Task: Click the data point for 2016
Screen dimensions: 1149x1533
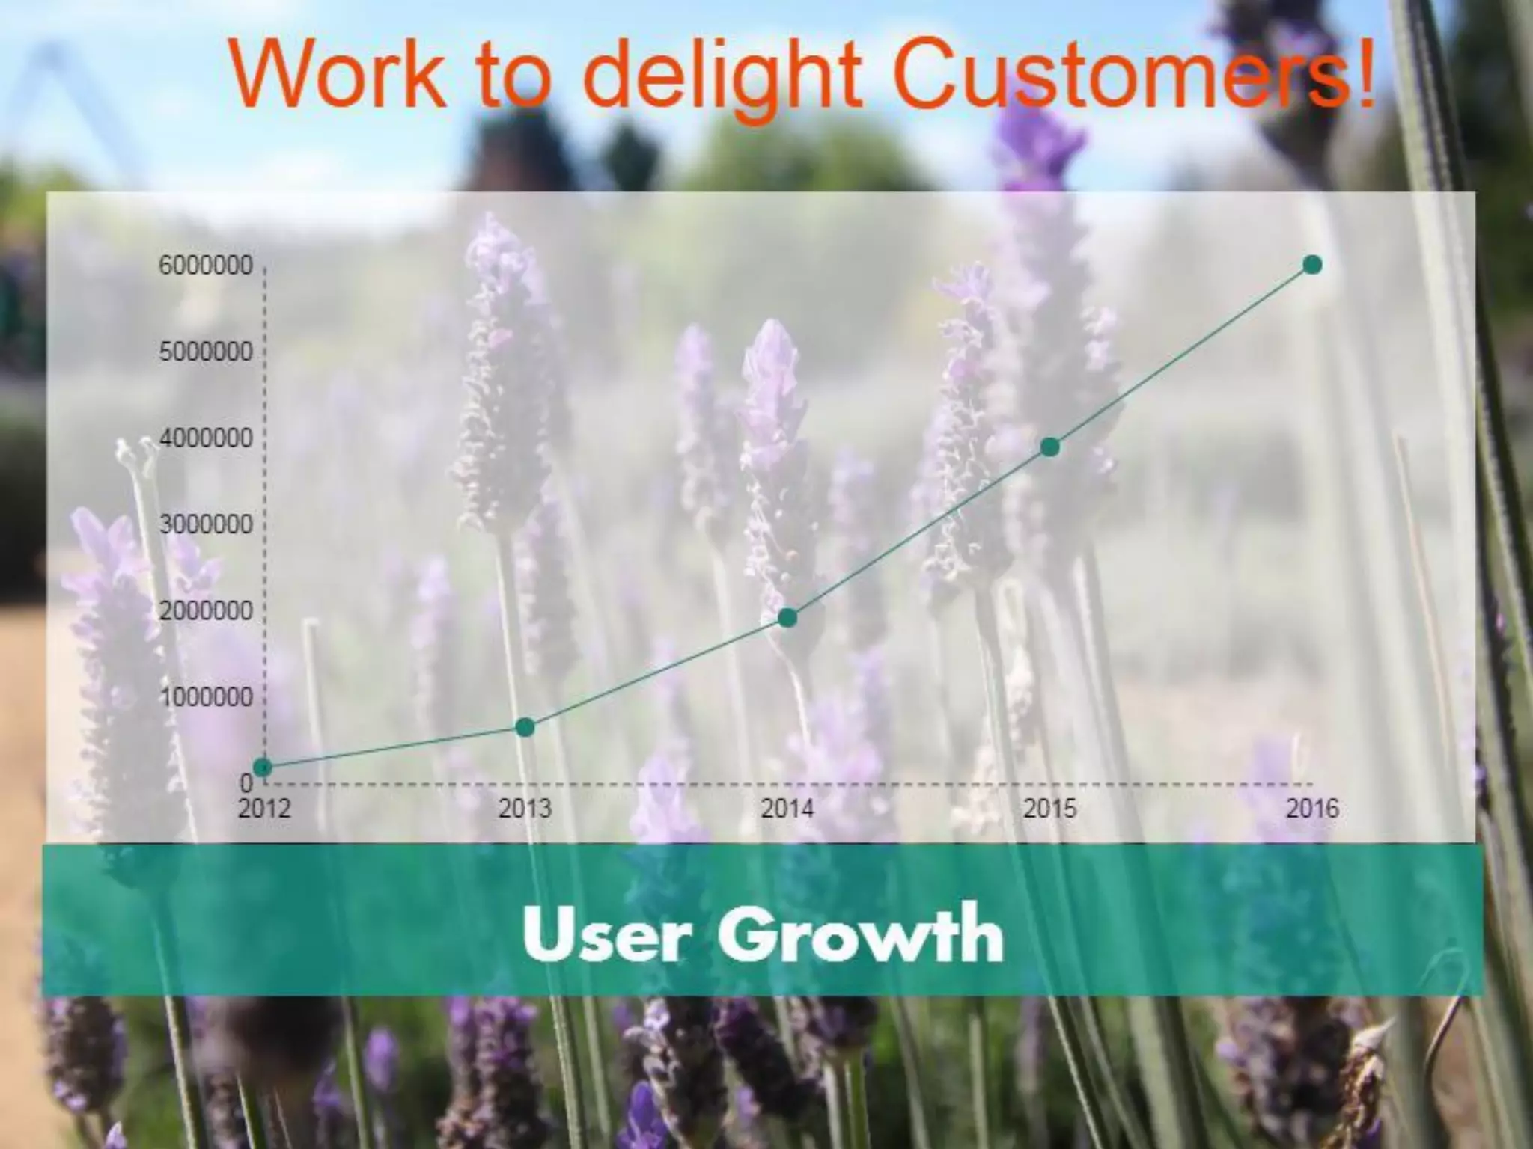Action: [x=1312, y=264]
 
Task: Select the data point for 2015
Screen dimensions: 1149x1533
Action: [x=1050, y=447]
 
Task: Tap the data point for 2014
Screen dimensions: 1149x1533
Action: [x=787, y=618]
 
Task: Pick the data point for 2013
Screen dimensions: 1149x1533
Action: [x=525, y=727]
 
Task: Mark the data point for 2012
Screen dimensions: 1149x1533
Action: [x=263, y=767]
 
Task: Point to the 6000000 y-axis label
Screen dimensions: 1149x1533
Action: [x=206, y=266]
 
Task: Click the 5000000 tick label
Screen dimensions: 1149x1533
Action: [x=206, y=352]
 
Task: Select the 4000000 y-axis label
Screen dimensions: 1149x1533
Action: [x=206, y=438]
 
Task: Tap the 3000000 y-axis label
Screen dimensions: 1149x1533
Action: [x=206, y=525]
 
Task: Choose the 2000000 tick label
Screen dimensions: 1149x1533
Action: [x=206, y=611]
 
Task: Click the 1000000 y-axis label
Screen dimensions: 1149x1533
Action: [x=206, y=698]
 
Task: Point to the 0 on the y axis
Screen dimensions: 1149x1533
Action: [x=246, y=783]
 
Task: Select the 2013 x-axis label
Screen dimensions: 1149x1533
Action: [x=525, y=809]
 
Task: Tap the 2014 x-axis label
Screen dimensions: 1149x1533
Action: [x=787, y=809]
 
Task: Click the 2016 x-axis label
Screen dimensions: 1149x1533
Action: [x=1312, y=809]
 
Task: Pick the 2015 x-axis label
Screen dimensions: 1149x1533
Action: [x=1050, y=809]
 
